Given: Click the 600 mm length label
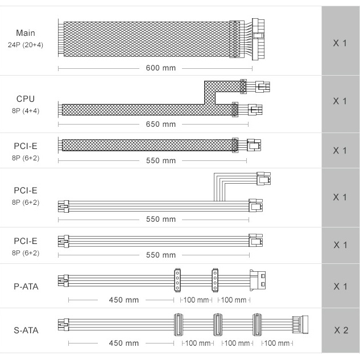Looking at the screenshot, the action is tap(161, 68).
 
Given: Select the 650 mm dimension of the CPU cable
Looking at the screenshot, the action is tap(161, 124).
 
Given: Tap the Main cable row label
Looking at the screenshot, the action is tap(26, 33).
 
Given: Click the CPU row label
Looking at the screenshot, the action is tap(26, 99).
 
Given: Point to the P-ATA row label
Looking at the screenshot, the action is tap(26, 287).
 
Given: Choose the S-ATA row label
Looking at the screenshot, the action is tap(26, 330).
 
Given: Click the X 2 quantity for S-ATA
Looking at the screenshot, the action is tap(341, 330).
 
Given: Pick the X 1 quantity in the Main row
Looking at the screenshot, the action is tap(340, 43).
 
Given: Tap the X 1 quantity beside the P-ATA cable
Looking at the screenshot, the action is tap(340, 287).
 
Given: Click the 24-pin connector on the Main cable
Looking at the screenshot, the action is tap(258, 39).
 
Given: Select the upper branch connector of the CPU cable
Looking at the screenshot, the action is tap(262, 87).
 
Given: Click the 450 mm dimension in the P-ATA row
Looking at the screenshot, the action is tap(124, 300).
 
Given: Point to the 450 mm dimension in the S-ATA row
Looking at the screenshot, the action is tap(124, 344).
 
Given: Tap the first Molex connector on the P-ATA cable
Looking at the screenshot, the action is tap(177, 280).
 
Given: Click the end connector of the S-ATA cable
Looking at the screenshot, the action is tap(300, 325).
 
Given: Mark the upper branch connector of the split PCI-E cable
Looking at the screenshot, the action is tap(263, 179).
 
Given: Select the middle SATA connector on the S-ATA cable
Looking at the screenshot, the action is tap(218, 325).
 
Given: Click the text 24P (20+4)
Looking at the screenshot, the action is tap(26, 45).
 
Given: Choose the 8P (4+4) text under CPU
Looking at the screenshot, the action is tap(26, 111).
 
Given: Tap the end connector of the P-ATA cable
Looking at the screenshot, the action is tap(258, 280).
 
